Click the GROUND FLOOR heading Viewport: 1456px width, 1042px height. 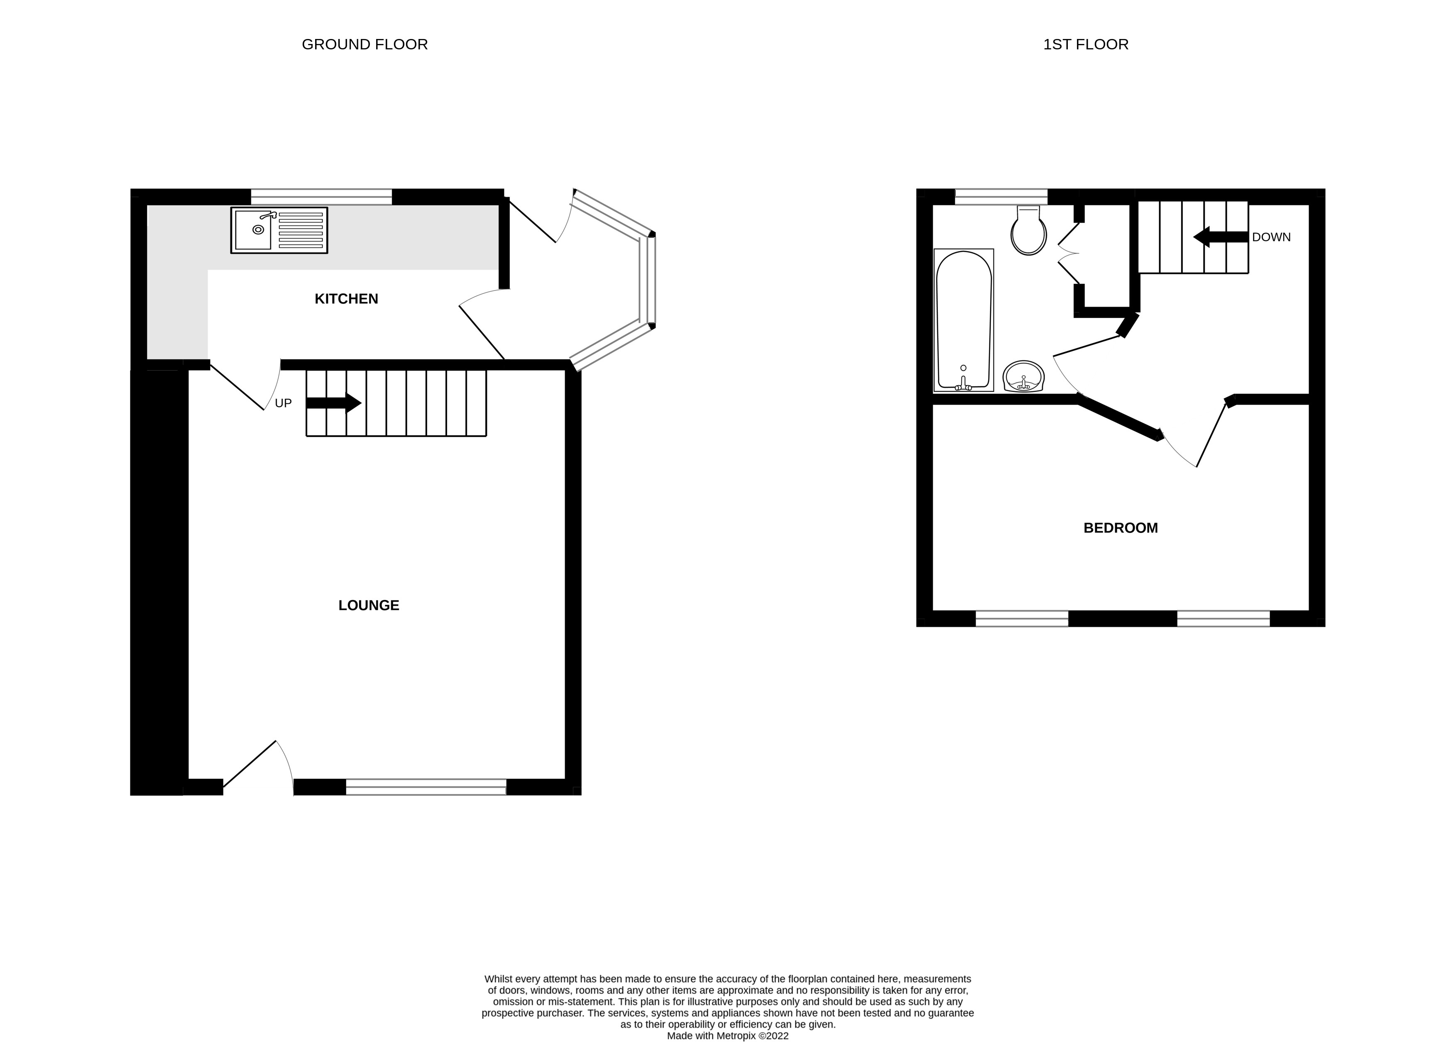tap(365, 44)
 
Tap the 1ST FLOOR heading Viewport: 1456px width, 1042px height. tap(1086, 44)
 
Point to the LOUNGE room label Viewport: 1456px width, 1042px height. tap(369, 605)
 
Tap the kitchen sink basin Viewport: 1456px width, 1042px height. tap(254, 230)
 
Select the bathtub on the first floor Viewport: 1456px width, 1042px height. tap(964, 320)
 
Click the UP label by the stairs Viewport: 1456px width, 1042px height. tap(283, 403)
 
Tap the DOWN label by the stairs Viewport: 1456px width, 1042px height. tap(1271, 237)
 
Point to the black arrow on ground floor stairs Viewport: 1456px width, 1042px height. tap(334, 403)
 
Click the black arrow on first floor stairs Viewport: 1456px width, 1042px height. tap(1220, 237)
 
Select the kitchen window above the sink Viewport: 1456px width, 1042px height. tap(321, 196)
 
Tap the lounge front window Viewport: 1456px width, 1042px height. tap(426, 787)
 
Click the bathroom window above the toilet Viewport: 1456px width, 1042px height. tap(1001, 196)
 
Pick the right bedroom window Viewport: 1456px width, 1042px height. tap(1223, 619)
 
